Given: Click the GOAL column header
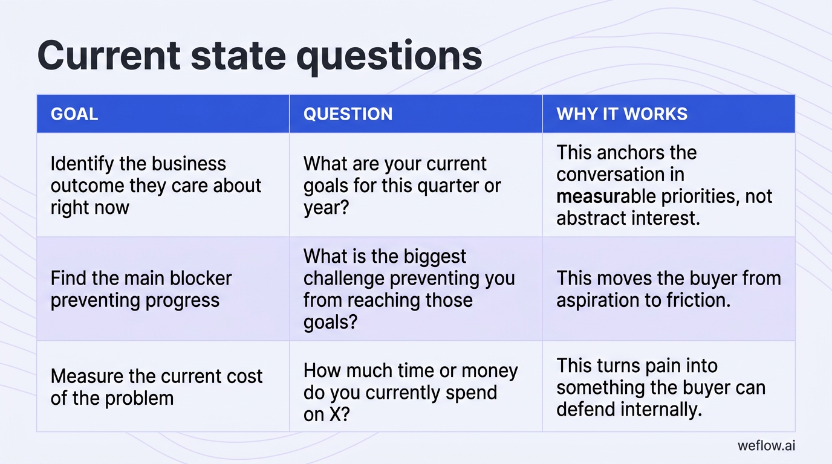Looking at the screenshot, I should pos(74,114).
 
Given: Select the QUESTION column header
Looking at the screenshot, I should pos(348,114).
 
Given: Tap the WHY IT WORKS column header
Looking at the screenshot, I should pos(622,114).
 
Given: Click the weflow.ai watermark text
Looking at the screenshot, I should pos(766,446).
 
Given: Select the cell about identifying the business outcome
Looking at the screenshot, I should pos(156,185).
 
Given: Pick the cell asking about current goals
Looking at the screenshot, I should pos(402,185).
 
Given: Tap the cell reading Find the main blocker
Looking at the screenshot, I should pos(141,289).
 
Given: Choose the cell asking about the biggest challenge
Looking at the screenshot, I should pos(409,289).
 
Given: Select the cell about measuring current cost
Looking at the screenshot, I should pos(157,387).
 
